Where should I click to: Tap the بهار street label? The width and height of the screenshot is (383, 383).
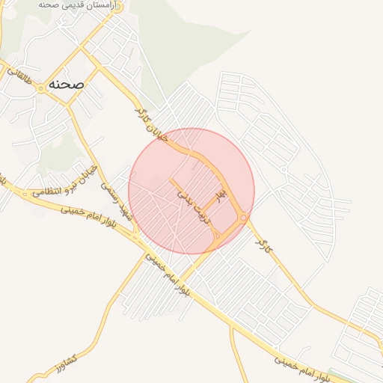tap(219, 197)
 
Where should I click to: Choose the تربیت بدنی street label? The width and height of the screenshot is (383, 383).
tap(195, 205)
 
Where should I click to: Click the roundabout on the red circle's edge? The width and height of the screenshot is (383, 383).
tap(245, 218)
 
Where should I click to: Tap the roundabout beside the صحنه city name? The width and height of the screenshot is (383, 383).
tap(39, 86)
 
